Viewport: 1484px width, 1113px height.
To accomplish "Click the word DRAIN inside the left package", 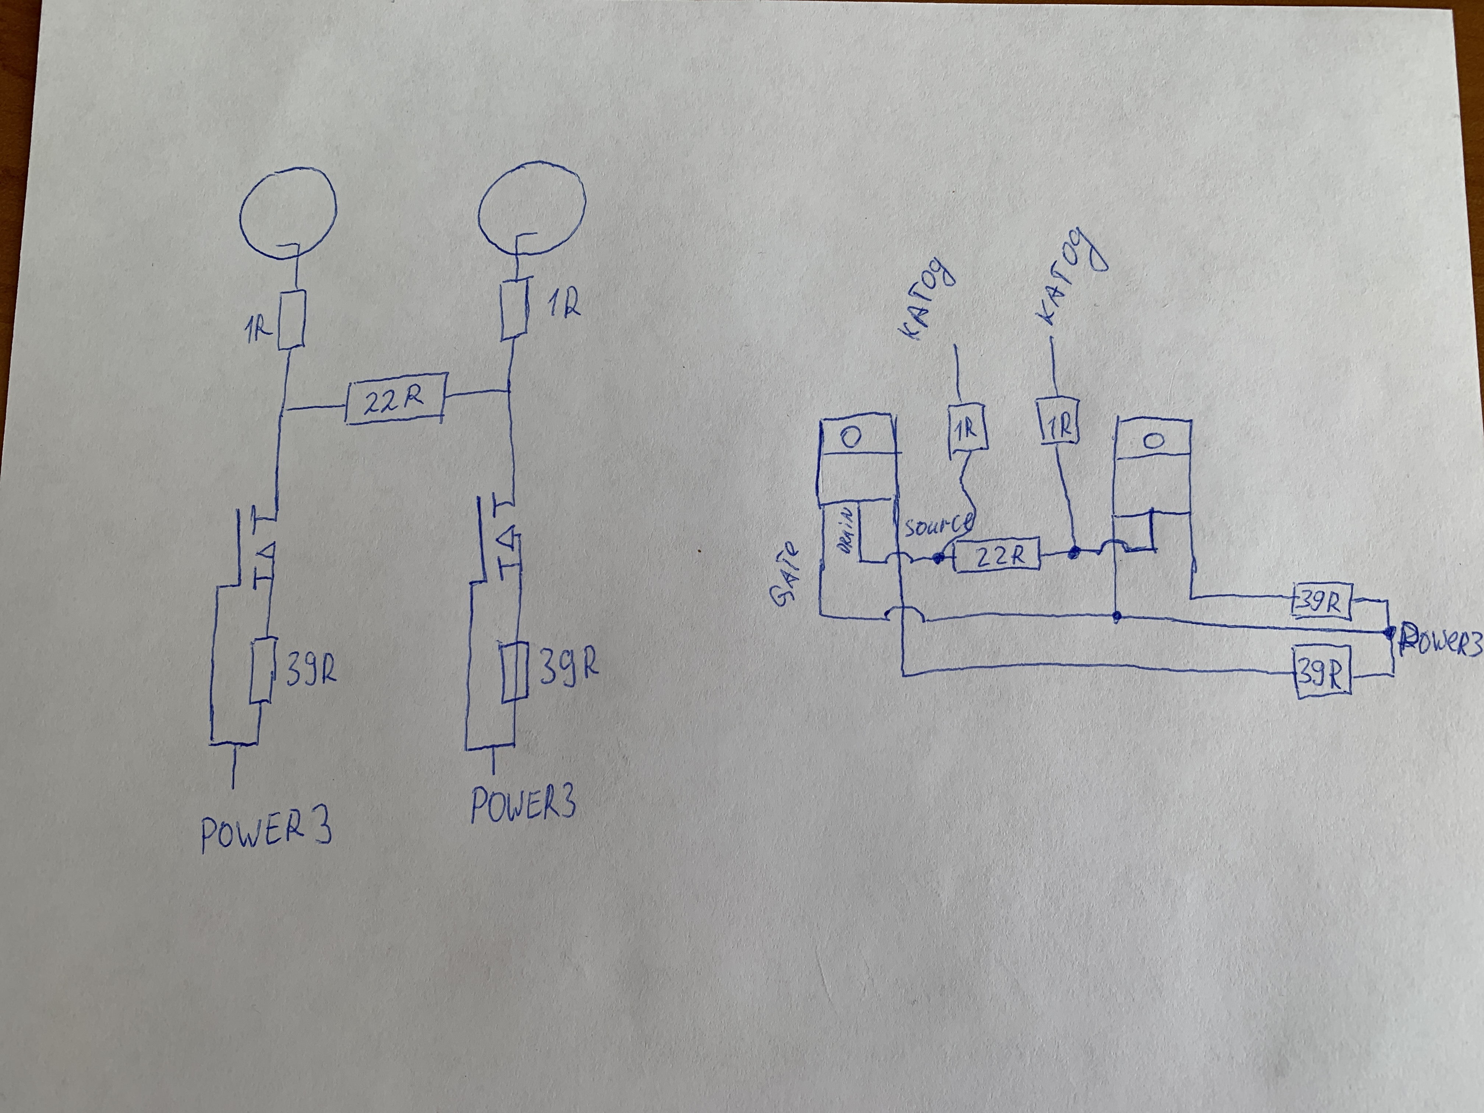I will [846, 530].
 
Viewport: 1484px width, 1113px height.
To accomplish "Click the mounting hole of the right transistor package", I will [1153, 441].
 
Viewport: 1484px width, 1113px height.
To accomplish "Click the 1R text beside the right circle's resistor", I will [563, 305].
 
